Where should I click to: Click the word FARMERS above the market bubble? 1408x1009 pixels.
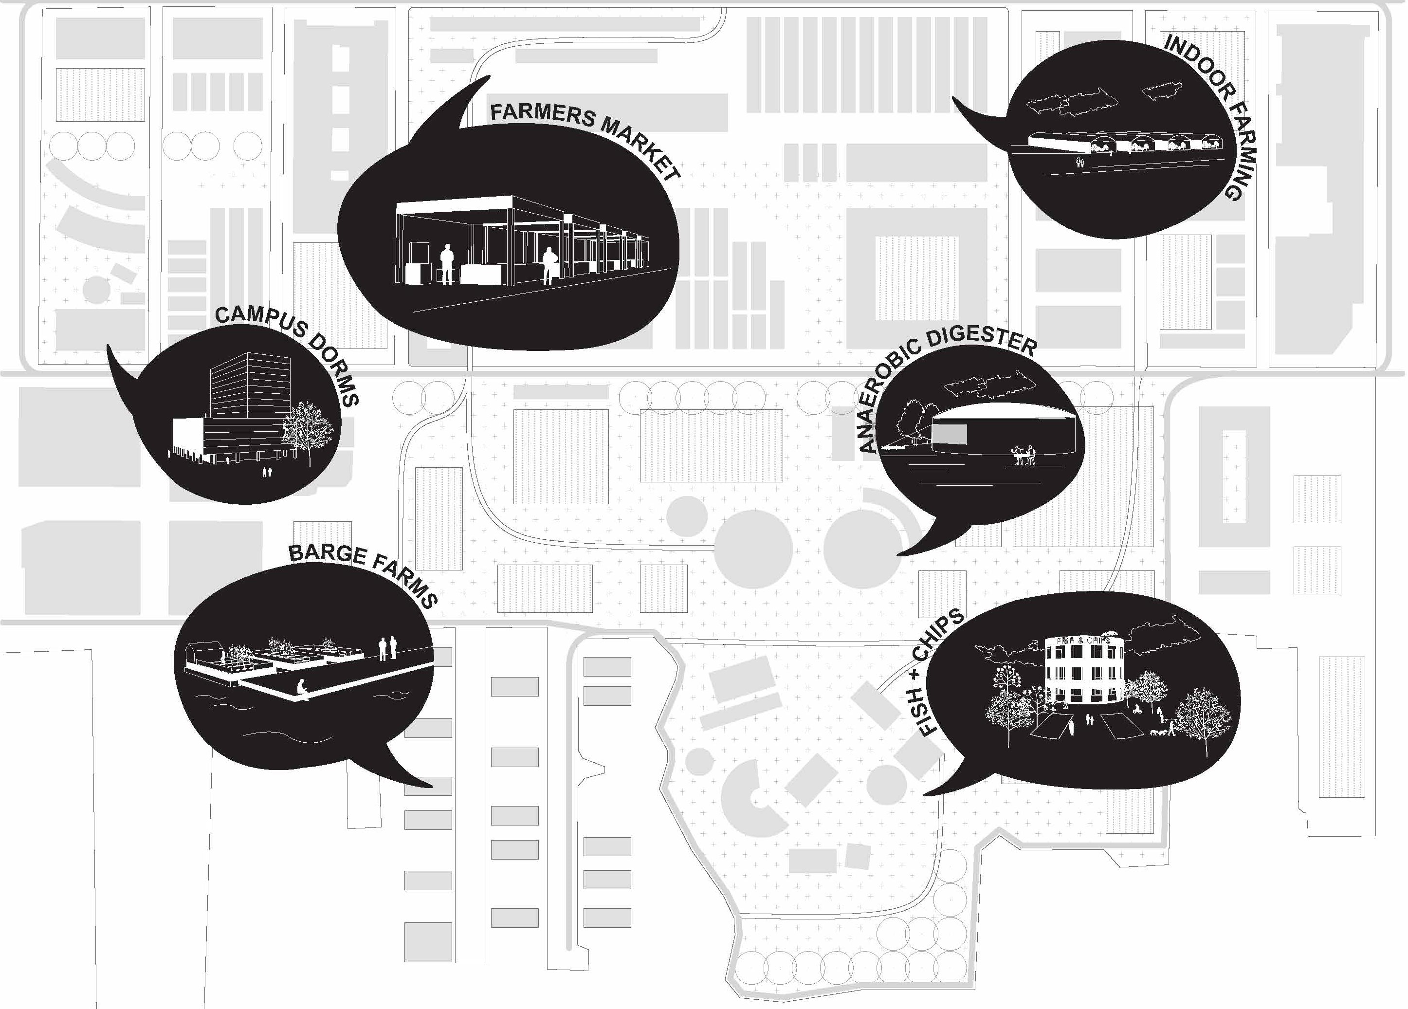[543, 115]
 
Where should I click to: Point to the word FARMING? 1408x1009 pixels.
[1239, 149]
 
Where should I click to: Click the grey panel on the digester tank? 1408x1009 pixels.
[950, 435]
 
